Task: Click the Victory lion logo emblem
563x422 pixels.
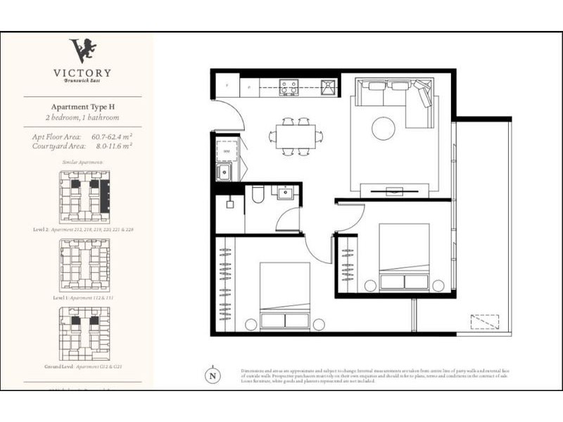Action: tap(82, 50)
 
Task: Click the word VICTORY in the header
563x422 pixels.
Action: tap(82, 72)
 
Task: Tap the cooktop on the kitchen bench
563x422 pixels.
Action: tap(289, 87)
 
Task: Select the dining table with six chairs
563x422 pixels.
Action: tap(295, 136)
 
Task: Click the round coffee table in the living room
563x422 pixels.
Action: tap(384, 129)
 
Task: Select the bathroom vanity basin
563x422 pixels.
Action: tap(286, 193)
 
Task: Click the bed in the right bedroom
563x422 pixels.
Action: tap(404, 257)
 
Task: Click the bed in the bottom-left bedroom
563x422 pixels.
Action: tap(285, 295)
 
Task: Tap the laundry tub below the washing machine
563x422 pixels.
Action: tap(226, 172)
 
